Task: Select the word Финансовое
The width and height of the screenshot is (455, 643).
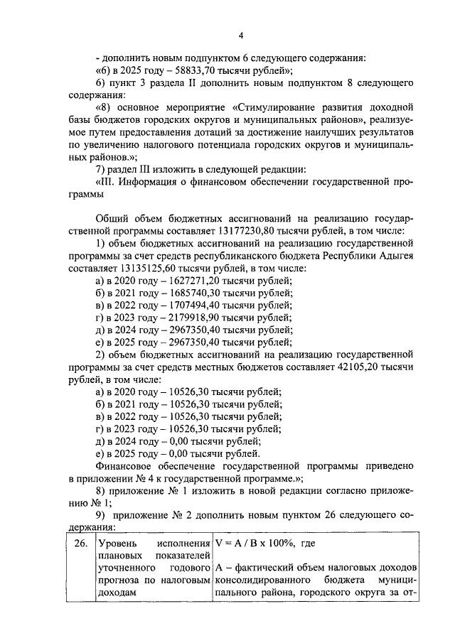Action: (123, 468)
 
